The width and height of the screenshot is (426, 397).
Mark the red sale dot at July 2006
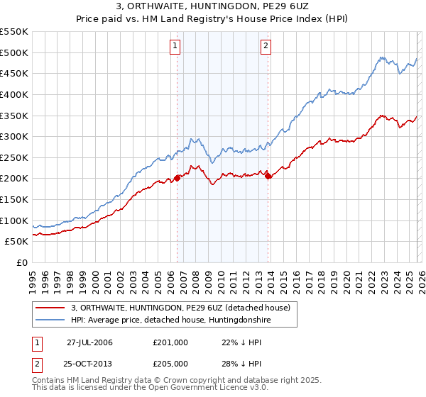click(x=177, y=178)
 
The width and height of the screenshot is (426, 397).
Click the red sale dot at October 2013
click(x=268, y=177)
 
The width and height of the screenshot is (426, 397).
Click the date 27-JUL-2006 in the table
click(x=89, y=342)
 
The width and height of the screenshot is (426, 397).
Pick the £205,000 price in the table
click(x=170, y=364)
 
